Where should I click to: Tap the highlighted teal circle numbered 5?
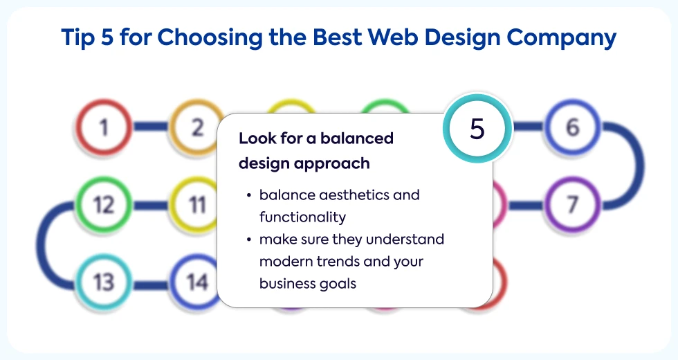pos(477,128)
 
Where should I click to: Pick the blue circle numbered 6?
pos(572,127)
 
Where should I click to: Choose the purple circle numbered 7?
pos(572,204)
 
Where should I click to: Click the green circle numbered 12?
pos(104,204)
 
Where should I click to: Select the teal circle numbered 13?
pos(104,282)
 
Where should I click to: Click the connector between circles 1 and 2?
pos(151,127)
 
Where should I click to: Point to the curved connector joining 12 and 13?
pos(42,243)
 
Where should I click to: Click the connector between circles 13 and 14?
pos(151,285)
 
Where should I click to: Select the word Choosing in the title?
pos(210,38)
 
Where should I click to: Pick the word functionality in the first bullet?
pos(302,217)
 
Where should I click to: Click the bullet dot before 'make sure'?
pos(248,240)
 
